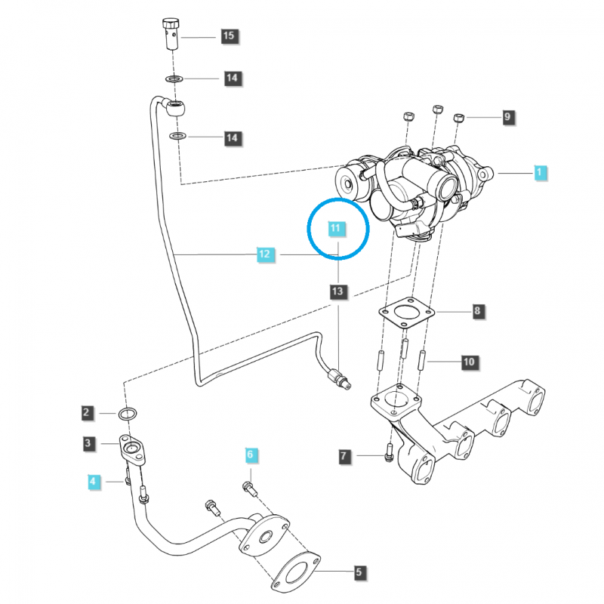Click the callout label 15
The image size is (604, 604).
[x=228, y=35]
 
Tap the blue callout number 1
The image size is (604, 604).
[x=539, y=173]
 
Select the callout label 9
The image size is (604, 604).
[x=508, y=117]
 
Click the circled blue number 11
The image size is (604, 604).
[x=335, y=228]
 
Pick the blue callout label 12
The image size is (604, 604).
[x=263, y=255]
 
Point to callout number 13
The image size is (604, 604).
[x=338, y=291]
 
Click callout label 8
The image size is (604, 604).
[x=477, y=311]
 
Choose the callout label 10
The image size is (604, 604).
[x=469, y=363]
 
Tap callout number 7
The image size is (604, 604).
[x=344, y=456]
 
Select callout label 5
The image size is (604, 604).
[x=359, y=573]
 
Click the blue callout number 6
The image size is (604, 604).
[x=251, y=455]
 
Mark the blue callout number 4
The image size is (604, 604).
[x=93, y=480]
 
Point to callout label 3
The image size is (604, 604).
[x=89, y=444]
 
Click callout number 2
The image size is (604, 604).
[x=88, y=412]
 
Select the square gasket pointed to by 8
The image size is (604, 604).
[x=406, y=313]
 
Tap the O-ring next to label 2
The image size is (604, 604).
[x=129, y=413]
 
